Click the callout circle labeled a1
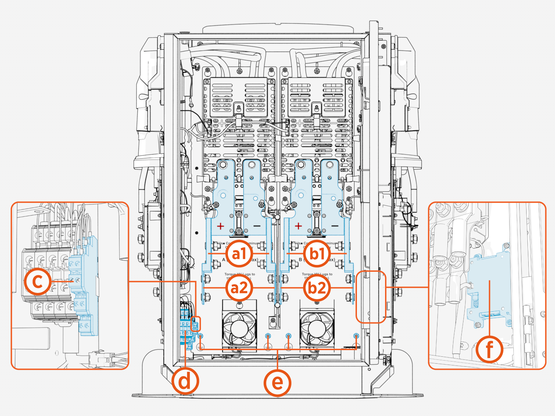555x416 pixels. [x=239, y=253]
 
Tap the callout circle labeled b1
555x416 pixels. [x=316, y=253]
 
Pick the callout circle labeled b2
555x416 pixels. [x=316, y=288]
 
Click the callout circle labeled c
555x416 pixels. [x=37, y=281]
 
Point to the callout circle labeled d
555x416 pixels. [x=185, y=381]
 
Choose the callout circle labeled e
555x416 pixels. [x=277, y=383]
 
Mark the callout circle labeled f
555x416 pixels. [x=489, y=349]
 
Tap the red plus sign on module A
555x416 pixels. [x=220, y=226]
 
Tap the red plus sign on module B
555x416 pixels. [x=298, y=226]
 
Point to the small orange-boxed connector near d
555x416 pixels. [x=196, y=324]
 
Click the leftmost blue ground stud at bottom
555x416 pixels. [x=201, y=336]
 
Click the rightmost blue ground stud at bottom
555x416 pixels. [x=356, y=336]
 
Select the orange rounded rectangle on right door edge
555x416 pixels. [x=371, y=297]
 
